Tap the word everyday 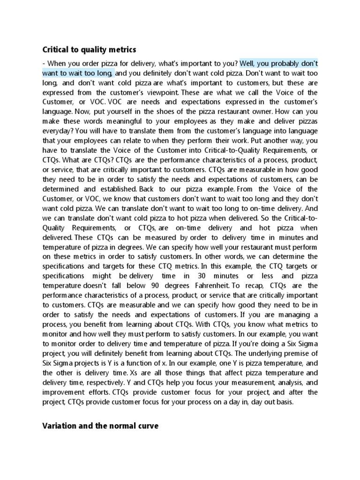pos(56,131)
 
